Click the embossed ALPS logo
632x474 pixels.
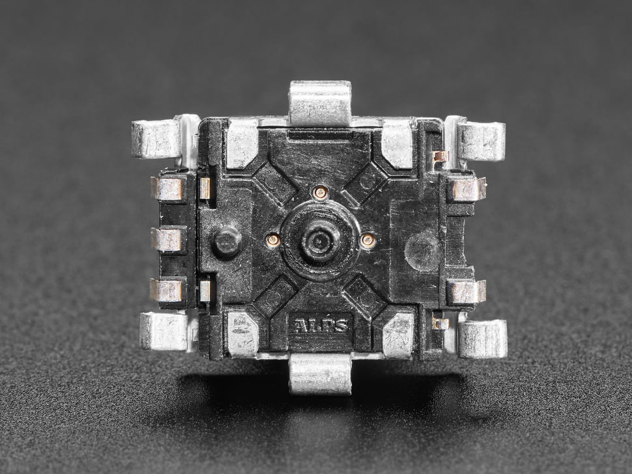click(321, 326)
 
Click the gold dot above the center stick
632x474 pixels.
click(321, 193)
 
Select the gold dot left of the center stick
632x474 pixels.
click(273, 240)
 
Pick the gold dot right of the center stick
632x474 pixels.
click(367, 240)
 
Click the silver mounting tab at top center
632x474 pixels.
click(321, 103)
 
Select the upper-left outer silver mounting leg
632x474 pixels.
click(156, 139)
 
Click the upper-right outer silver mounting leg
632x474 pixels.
click(481, 141)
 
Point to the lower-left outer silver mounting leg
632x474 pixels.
click(164, 331)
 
